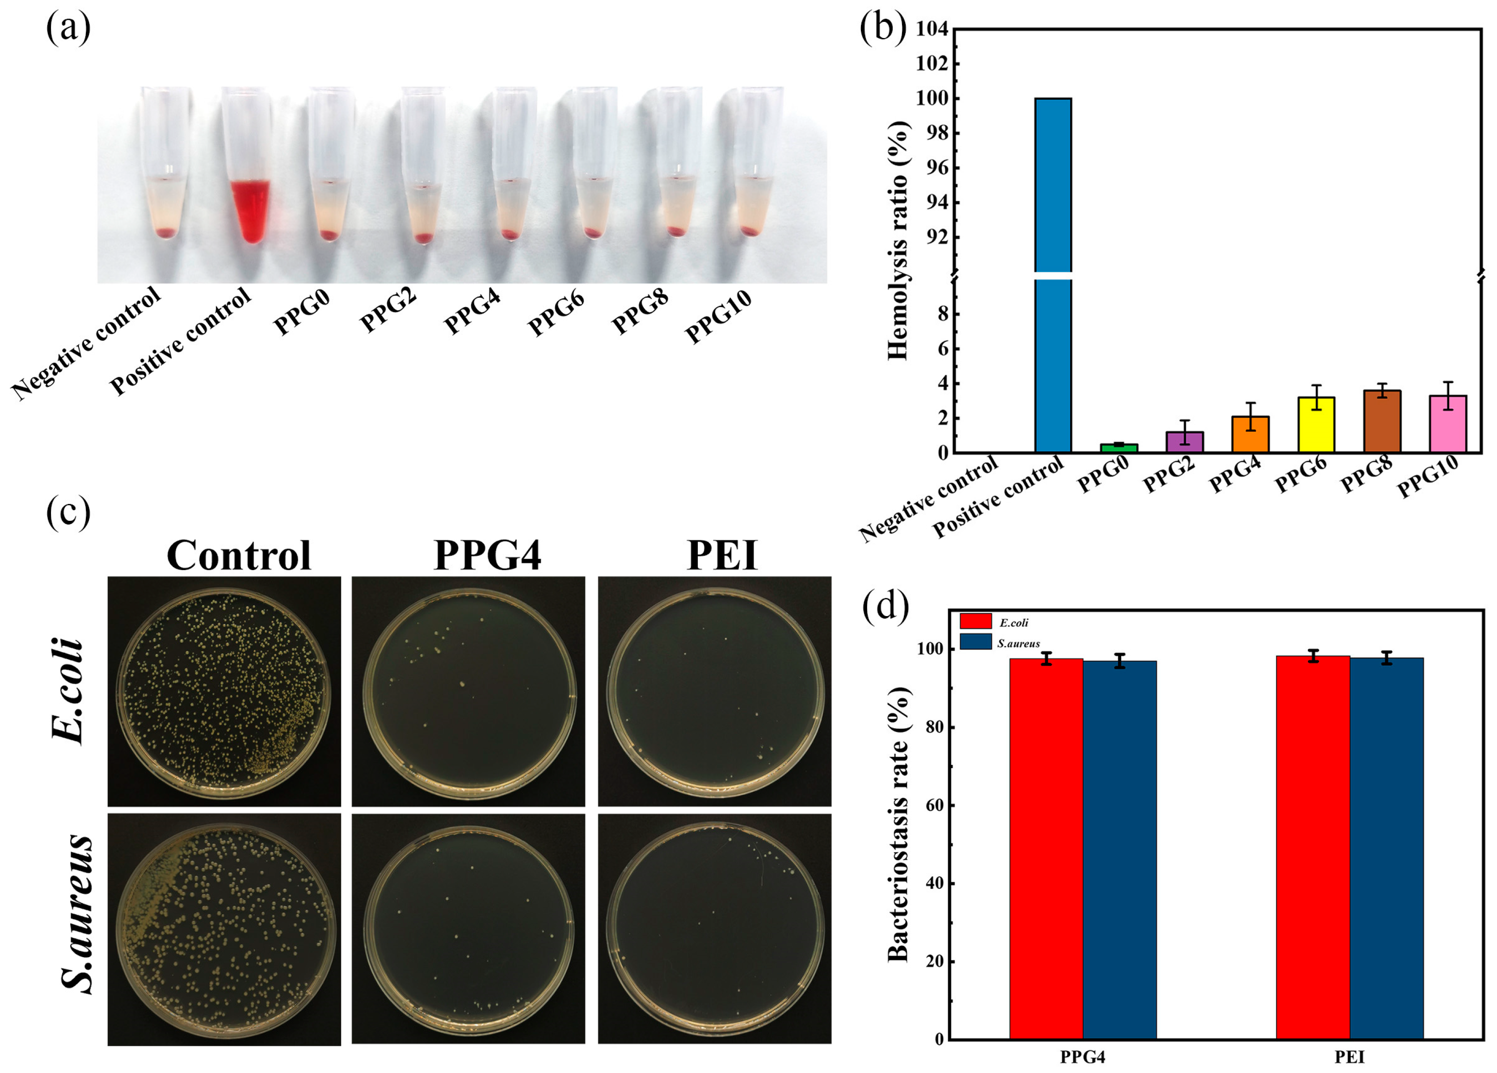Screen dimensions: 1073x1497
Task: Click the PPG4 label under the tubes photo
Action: [x=471, y=313]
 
